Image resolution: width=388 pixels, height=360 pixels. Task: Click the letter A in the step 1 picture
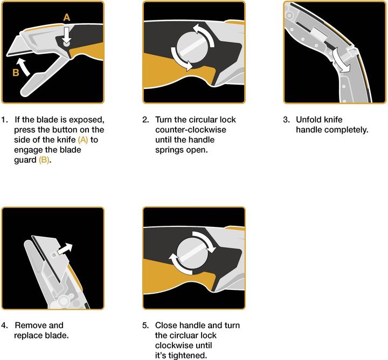pos(66,17)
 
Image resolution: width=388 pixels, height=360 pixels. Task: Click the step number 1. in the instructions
pos(5,119)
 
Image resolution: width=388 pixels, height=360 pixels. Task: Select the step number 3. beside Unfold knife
pos(286,119)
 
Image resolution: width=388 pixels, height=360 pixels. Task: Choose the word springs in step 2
pos(170,150)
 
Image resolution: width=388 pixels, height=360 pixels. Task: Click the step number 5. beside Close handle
pos(145,325)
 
